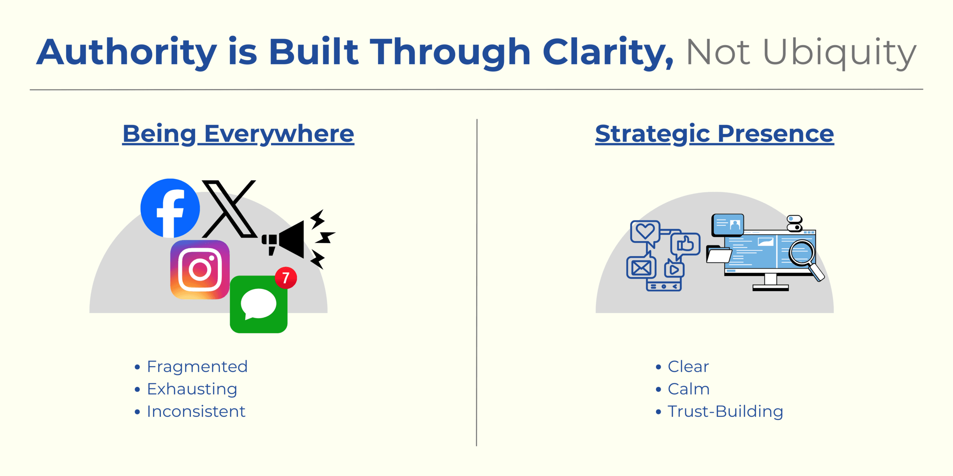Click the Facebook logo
(170, 208)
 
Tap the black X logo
(229, 209)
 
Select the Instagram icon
(200, 270)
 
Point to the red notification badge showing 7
(286, 278)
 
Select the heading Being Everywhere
(238, 134)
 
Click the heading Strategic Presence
(714, 134)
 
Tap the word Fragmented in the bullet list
(197, 367)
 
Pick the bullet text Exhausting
(192, 389)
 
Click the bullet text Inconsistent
(196, 411)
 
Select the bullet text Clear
(688, 367)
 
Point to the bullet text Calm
(689, 389)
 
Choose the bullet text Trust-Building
(725, 411)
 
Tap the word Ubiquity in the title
(839, 52)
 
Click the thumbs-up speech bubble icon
(685, 244)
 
